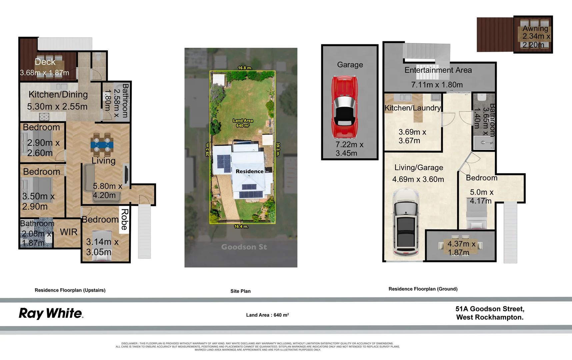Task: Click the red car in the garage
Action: (x=345, y=107)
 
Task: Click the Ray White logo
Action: (x=51, y=313)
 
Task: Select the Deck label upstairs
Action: (x=45, y=62)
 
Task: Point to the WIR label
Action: (x=69, y=232)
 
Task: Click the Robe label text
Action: (x=124, y=219)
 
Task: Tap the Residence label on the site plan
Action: (x=249, y=171)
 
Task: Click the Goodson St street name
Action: (x=244, y=247)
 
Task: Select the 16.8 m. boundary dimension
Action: (x=245, y=68)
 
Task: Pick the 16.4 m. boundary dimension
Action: (x=241, y=226)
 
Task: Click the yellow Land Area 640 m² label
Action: (x=243, y=123)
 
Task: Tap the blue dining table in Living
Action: (x=102, y=145)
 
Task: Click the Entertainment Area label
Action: (x=438, y=70)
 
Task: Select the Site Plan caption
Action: (x=240, y=291)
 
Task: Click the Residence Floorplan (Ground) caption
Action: (x=423, y=289)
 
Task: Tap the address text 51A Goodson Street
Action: (x=490, y=309)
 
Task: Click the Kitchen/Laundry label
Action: (x=413, y=108)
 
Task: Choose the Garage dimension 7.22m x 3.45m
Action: (x=349, y=149)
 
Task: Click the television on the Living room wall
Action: (x=126, y=174)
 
